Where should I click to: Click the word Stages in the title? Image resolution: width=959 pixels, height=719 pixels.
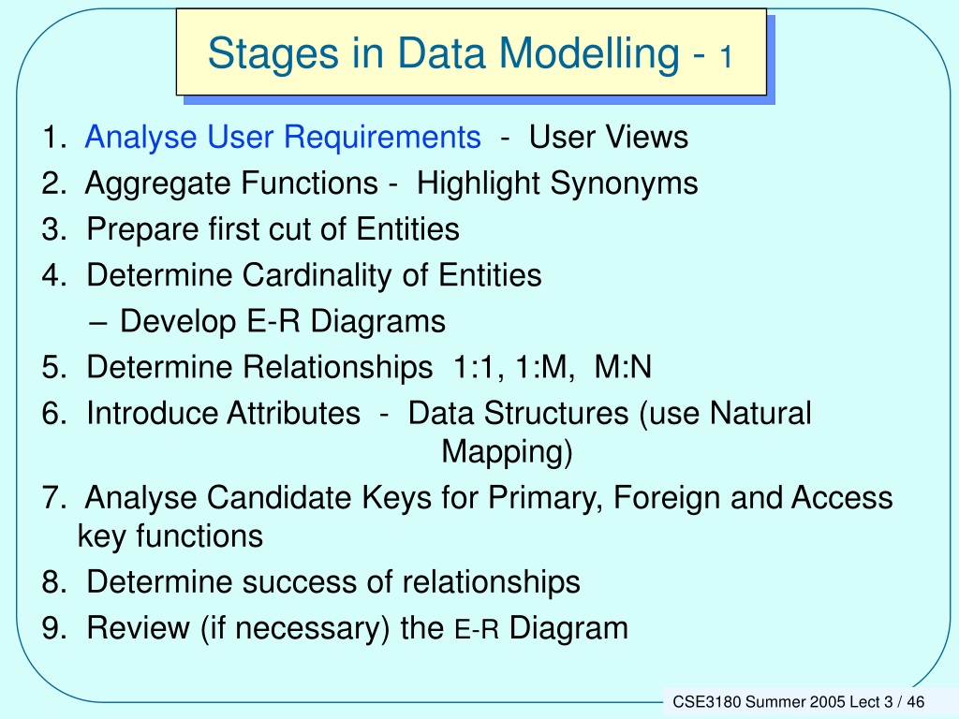pos(273,53)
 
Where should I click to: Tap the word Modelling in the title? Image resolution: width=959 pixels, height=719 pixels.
pos(588,52)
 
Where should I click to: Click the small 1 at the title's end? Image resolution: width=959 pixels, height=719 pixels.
pos(726,57)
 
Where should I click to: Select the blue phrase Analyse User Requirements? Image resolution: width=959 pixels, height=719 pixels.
pos(283,138)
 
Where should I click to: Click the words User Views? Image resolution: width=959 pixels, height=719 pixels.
pos(609,137)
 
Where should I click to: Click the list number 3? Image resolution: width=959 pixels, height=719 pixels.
pos(53,230)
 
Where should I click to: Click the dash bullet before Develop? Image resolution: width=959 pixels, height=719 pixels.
pos(98,323)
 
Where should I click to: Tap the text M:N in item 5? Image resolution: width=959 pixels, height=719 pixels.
pos(623,367)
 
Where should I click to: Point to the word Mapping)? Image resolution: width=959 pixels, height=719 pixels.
pos(507,452)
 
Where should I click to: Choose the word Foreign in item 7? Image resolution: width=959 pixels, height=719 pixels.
pos(666,498)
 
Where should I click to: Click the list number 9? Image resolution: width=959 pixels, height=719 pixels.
pos(53,628)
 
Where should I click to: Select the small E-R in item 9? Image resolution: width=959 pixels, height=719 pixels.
pos(477,630)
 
